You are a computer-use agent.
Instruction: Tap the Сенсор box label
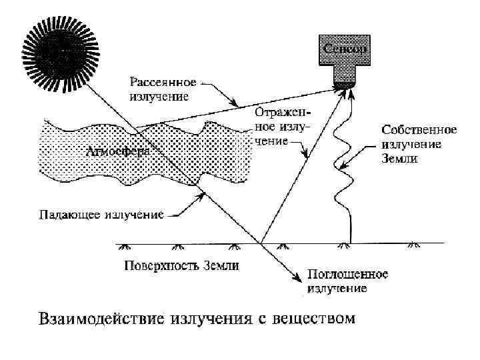click(x=345, y=49)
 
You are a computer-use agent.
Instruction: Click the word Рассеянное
click(x=163, y=83)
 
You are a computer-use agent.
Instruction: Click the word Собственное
click(x=418, y=129)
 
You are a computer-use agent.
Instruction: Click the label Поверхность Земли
click(x=181, y=266)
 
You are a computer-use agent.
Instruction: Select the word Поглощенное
click(x=347, y=275)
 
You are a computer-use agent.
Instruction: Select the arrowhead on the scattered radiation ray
click(x=235, y=104)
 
